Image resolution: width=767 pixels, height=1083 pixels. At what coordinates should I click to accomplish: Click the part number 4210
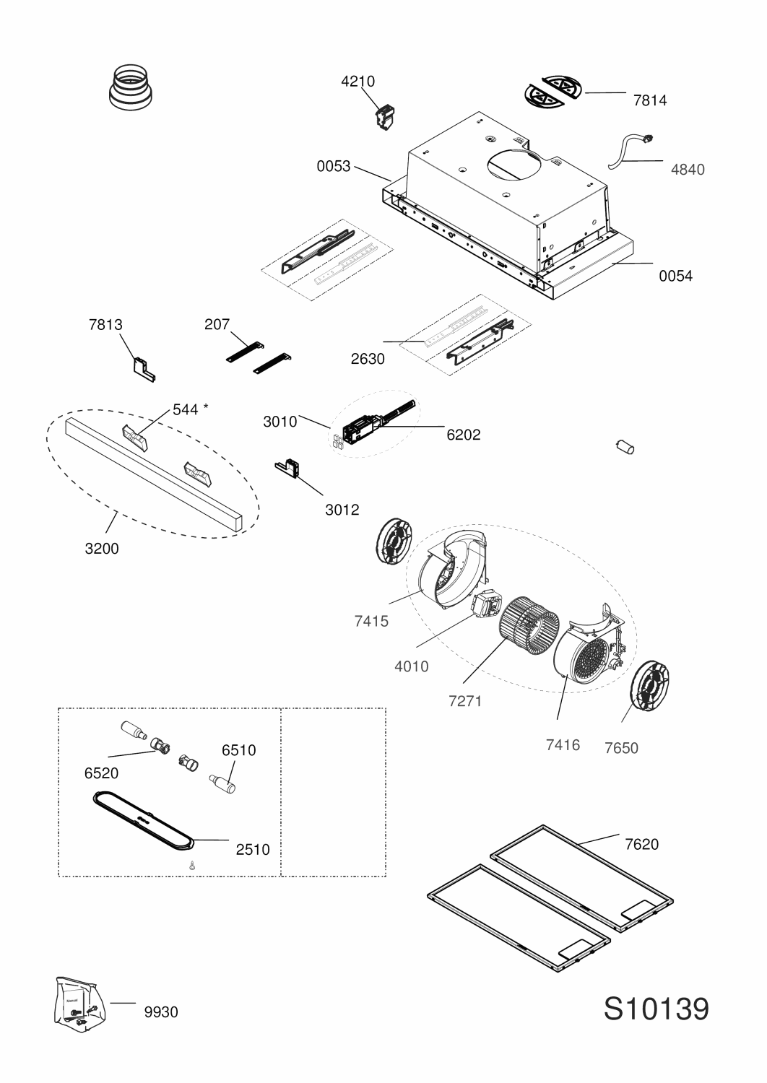(358, 81)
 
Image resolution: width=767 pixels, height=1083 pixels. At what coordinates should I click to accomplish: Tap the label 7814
(650, 100)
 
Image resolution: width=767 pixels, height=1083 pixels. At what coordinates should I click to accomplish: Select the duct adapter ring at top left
(131, 87)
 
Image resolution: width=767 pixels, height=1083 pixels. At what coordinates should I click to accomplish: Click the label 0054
(675, 276)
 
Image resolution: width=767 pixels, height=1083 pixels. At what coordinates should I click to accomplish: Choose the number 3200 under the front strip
(102, 548)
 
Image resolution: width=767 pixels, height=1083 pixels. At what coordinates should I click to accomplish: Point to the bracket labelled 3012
(287, 468)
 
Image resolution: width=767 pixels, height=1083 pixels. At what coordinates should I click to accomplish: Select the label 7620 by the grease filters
(642, 844)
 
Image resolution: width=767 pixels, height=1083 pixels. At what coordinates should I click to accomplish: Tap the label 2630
(368, 359)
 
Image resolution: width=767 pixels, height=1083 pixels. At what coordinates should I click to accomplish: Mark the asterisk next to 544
(206, 407)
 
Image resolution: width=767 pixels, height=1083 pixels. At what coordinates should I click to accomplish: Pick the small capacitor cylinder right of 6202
(625, 447)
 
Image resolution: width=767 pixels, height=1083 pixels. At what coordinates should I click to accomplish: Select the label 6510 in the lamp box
(238, 750)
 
